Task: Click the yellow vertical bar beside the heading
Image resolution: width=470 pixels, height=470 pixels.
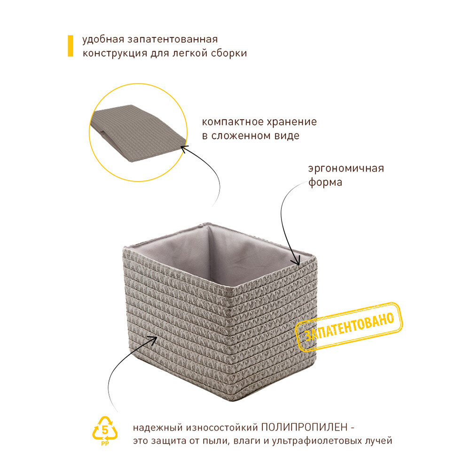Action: tap(70, 46)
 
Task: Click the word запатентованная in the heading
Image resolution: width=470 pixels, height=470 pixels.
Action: tap(172, 39)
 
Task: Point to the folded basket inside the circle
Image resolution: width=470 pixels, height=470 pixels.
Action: tap(138, 133)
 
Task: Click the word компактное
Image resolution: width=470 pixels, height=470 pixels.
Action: tap(232, 122)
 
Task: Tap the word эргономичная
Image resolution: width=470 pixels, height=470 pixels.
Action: tap(346, 168)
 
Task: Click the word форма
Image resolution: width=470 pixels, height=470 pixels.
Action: tap(325, 182)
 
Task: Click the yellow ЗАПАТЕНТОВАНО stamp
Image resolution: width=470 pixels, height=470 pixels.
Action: tap(349, 327)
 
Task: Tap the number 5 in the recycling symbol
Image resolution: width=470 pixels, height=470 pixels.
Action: tap(105, 430)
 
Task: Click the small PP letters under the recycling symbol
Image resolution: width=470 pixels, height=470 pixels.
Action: tap(105, 444)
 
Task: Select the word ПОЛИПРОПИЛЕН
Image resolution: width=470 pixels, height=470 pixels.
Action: tap(304, 427)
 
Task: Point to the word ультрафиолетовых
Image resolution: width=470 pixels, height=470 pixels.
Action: tap(318, 441)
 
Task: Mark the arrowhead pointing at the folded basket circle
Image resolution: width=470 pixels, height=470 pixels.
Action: tap(184, 149)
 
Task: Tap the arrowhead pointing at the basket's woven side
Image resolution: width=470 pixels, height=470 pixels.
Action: tap(154, 340)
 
